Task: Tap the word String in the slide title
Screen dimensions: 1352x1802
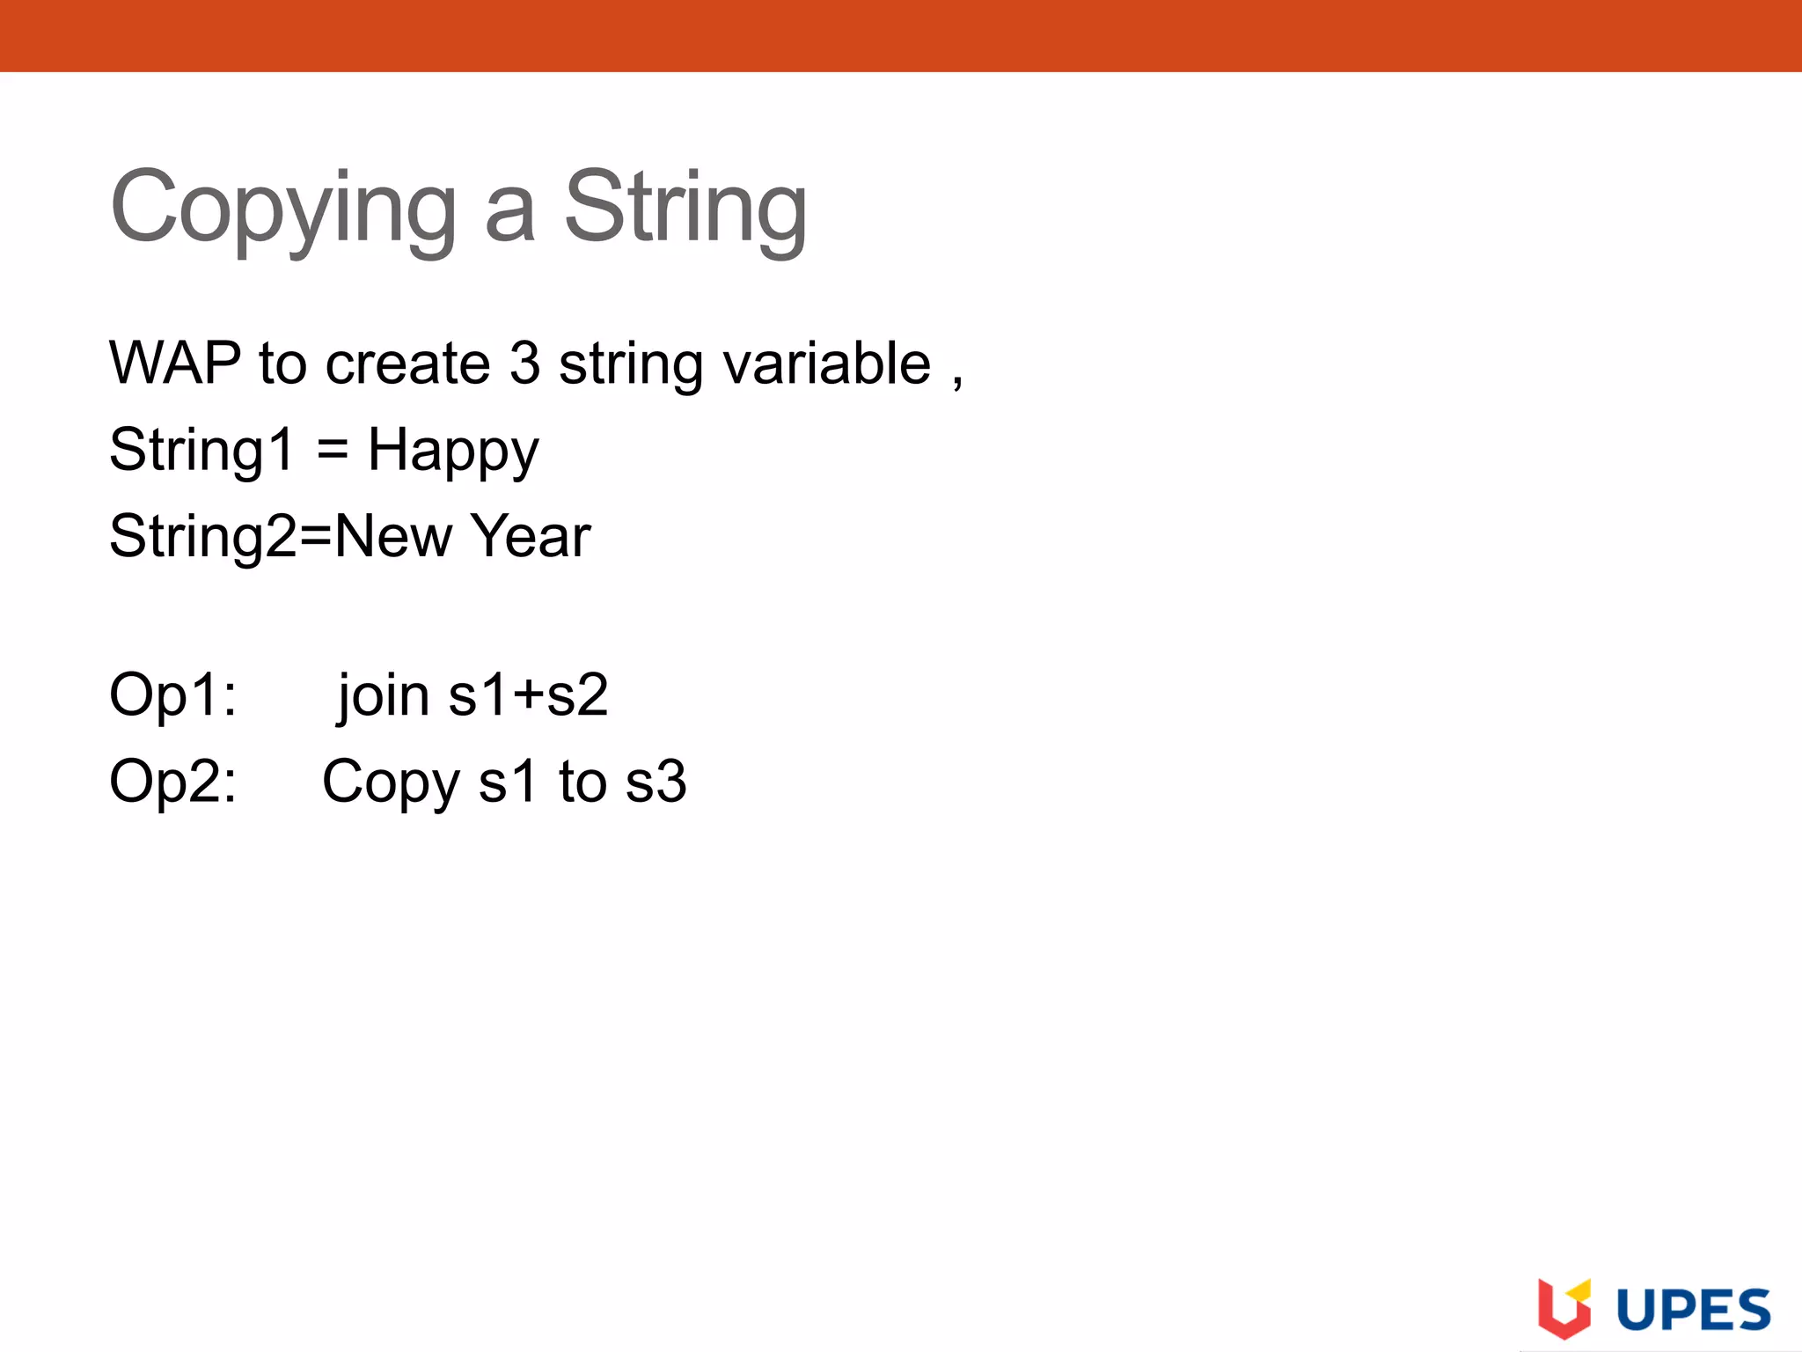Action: (x=685, y=209)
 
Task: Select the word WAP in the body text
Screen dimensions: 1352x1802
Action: (x=175, y=363)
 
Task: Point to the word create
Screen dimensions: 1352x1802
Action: (x=407, y=363)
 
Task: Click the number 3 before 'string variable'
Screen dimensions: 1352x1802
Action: (x=524, y=363)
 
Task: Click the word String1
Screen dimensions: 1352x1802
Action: (x=201, y=450)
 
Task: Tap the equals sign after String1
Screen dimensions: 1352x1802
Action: (x=333, y=450)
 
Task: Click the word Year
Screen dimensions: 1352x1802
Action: (x=531, y=536)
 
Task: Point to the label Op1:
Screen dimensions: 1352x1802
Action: (x=172, y=695)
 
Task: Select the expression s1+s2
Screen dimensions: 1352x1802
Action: (x=529, y=695)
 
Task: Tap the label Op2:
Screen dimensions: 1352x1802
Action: (x=172, y=782)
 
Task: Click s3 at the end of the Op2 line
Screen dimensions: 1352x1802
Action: (x=656, y=782)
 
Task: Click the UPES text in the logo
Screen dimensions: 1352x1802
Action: (x=1694, y=1311)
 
